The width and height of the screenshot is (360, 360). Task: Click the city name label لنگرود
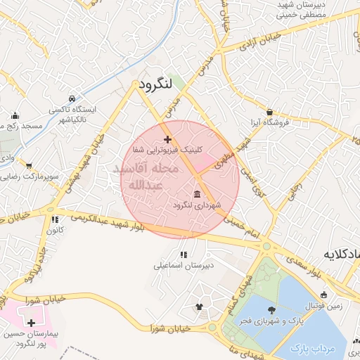pos(156,84)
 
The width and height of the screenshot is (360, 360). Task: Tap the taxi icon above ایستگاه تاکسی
pos(72,98)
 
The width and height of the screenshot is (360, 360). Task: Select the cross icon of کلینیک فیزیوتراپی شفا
pos(167,139)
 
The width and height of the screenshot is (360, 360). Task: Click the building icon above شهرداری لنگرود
pos(196,193)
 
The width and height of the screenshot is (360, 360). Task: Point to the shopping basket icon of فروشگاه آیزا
pos(270,111)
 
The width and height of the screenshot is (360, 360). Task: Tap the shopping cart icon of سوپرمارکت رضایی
pos(30,166)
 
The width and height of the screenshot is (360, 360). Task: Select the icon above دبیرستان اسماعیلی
pos(183,255)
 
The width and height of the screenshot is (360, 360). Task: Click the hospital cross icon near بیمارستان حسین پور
pos(30,322)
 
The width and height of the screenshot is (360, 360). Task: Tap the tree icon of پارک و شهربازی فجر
pos(271,308)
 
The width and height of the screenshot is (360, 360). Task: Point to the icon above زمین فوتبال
pos(323,295)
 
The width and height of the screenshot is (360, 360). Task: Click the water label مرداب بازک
pos(309,348)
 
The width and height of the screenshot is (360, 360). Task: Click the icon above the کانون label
pos(49,219)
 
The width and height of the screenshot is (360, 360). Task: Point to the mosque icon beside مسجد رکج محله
pos(15,115)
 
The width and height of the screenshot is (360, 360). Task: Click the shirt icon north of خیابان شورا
pos(199,307)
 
